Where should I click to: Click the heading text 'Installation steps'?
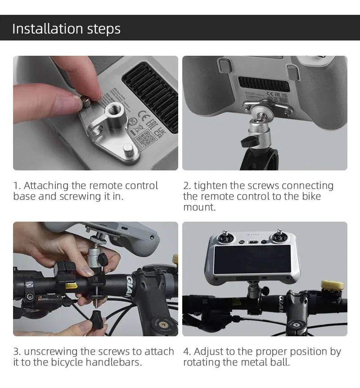click(x=66, y=28)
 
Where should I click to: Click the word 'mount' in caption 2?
click(x=198, y=207)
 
